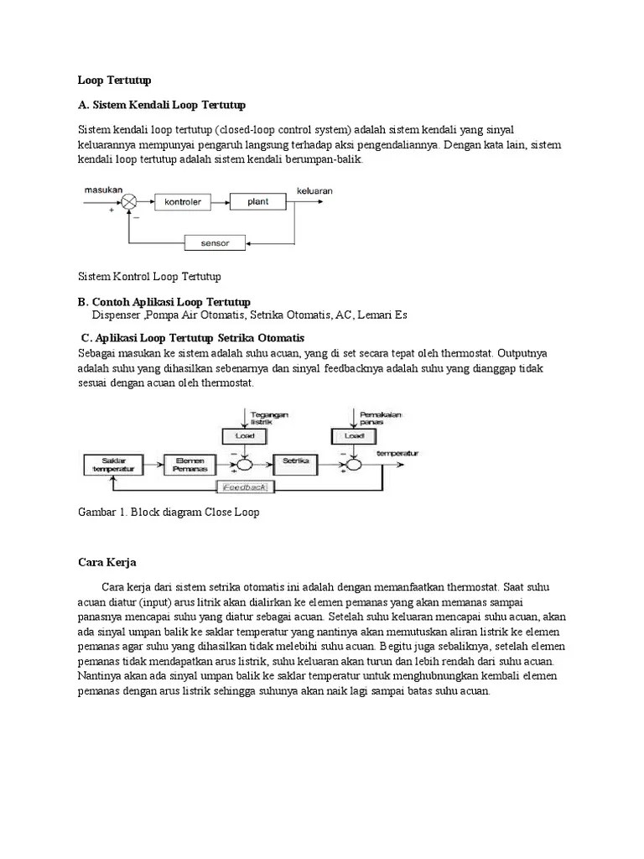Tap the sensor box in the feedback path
pos(216,243)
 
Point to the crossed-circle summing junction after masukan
pos(129,202)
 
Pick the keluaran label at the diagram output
pos(314,190)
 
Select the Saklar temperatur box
pos(112,463)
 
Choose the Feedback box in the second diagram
pos(244,487)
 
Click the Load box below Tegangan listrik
pos(243,436)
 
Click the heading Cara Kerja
pos(106,562)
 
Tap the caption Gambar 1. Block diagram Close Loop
pos(169,512)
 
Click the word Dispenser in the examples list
pos(117,315)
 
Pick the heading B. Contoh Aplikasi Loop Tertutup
pos(164,302)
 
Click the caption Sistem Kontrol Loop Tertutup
pos(149,276)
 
